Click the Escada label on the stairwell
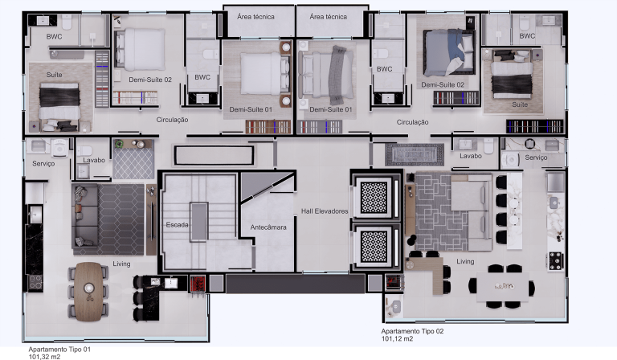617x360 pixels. pos(177,225)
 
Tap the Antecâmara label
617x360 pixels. pos(268,227)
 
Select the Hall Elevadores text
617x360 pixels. pos(325,211)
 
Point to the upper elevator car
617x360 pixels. pos(374,198)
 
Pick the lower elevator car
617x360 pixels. pos(374,247)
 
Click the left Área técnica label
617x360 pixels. pos(255,17)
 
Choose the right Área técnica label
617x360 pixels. pos(328,17)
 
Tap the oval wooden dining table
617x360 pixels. pos(88,292)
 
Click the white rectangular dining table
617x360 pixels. pos(503,287)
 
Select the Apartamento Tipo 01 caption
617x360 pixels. pos(59,349)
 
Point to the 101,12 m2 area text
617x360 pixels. pos(397,339)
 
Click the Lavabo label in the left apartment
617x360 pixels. pos(94,160)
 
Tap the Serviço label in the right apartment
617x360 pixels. pos(536,157)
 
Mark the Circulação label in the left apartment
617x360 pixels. pos(173,120)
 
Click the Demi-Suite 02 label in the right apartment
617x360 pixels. pos(443,84)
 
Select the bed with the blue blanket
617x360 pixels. pos(449,52)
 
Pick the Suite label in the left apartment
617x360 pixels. pos(55,75)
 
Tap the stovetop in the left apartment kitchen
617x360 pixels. pos(35,282)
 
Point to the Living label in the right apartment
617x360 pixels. pos(465,261)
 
